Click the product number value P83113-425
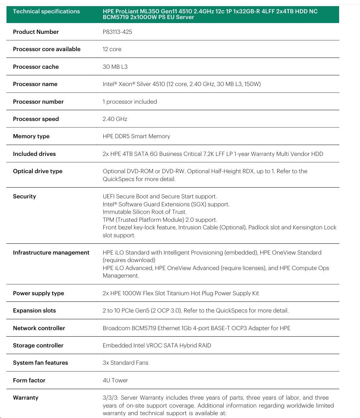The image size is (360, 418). pyautogui.click(x=117, y=32)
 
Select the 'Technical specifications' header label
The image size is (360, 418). pyautogui.click(x=46, y=12)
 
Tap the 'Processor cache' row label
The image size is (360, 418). pyautogui.click(x=36, y=67)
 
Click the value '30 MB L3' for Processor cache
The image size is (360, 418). pyautogui.click(x=115, y=67)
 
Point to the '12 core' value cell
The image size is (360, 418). pyautogui.click(x=112, y=49)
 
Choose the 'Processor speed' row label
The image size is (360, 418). pyautogui.click(x=36, y=119)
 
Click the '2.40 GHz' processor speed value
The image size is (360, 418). pyautogui.click(x=115, y=119)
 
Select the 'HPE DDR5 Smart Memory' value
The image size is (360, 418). pyautogui.click(x=136, y=136)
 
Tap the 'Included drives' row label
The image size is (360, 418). pyautogui.click(x=34, y=154)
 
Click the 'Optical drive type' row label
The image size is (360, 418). pyautogui.click(x=37, y=171)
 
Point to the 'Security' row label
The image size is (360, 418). pyautogui.click(x=24, y=196)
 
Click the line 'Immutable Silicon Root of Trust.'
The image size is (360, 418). pyautogui.click(x=144, y=212)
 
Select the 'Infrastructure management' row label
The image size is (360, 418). pyautogui.click(x=51, y=252)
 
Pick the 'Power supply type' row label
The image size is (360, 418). pyautogui.click(x=39, y=293)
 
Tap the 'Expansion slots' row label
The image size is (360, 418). pyautogui.click(x=34, y=310)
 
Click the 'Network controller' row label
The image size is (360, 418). pyautogui.click(x=39, y=328)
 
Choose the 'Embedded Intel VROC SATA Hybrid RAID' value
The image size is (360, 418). pyautogui.click(x=157, y=345)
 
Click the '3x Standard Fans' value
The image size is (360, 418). pyautogui.click(x=125, y=363)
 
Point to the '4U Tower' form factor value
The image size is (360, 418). pyautogui.click(x=115, y=380)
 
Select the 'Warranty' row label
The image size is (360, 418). pyautogui.click(x=26, y=397)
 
